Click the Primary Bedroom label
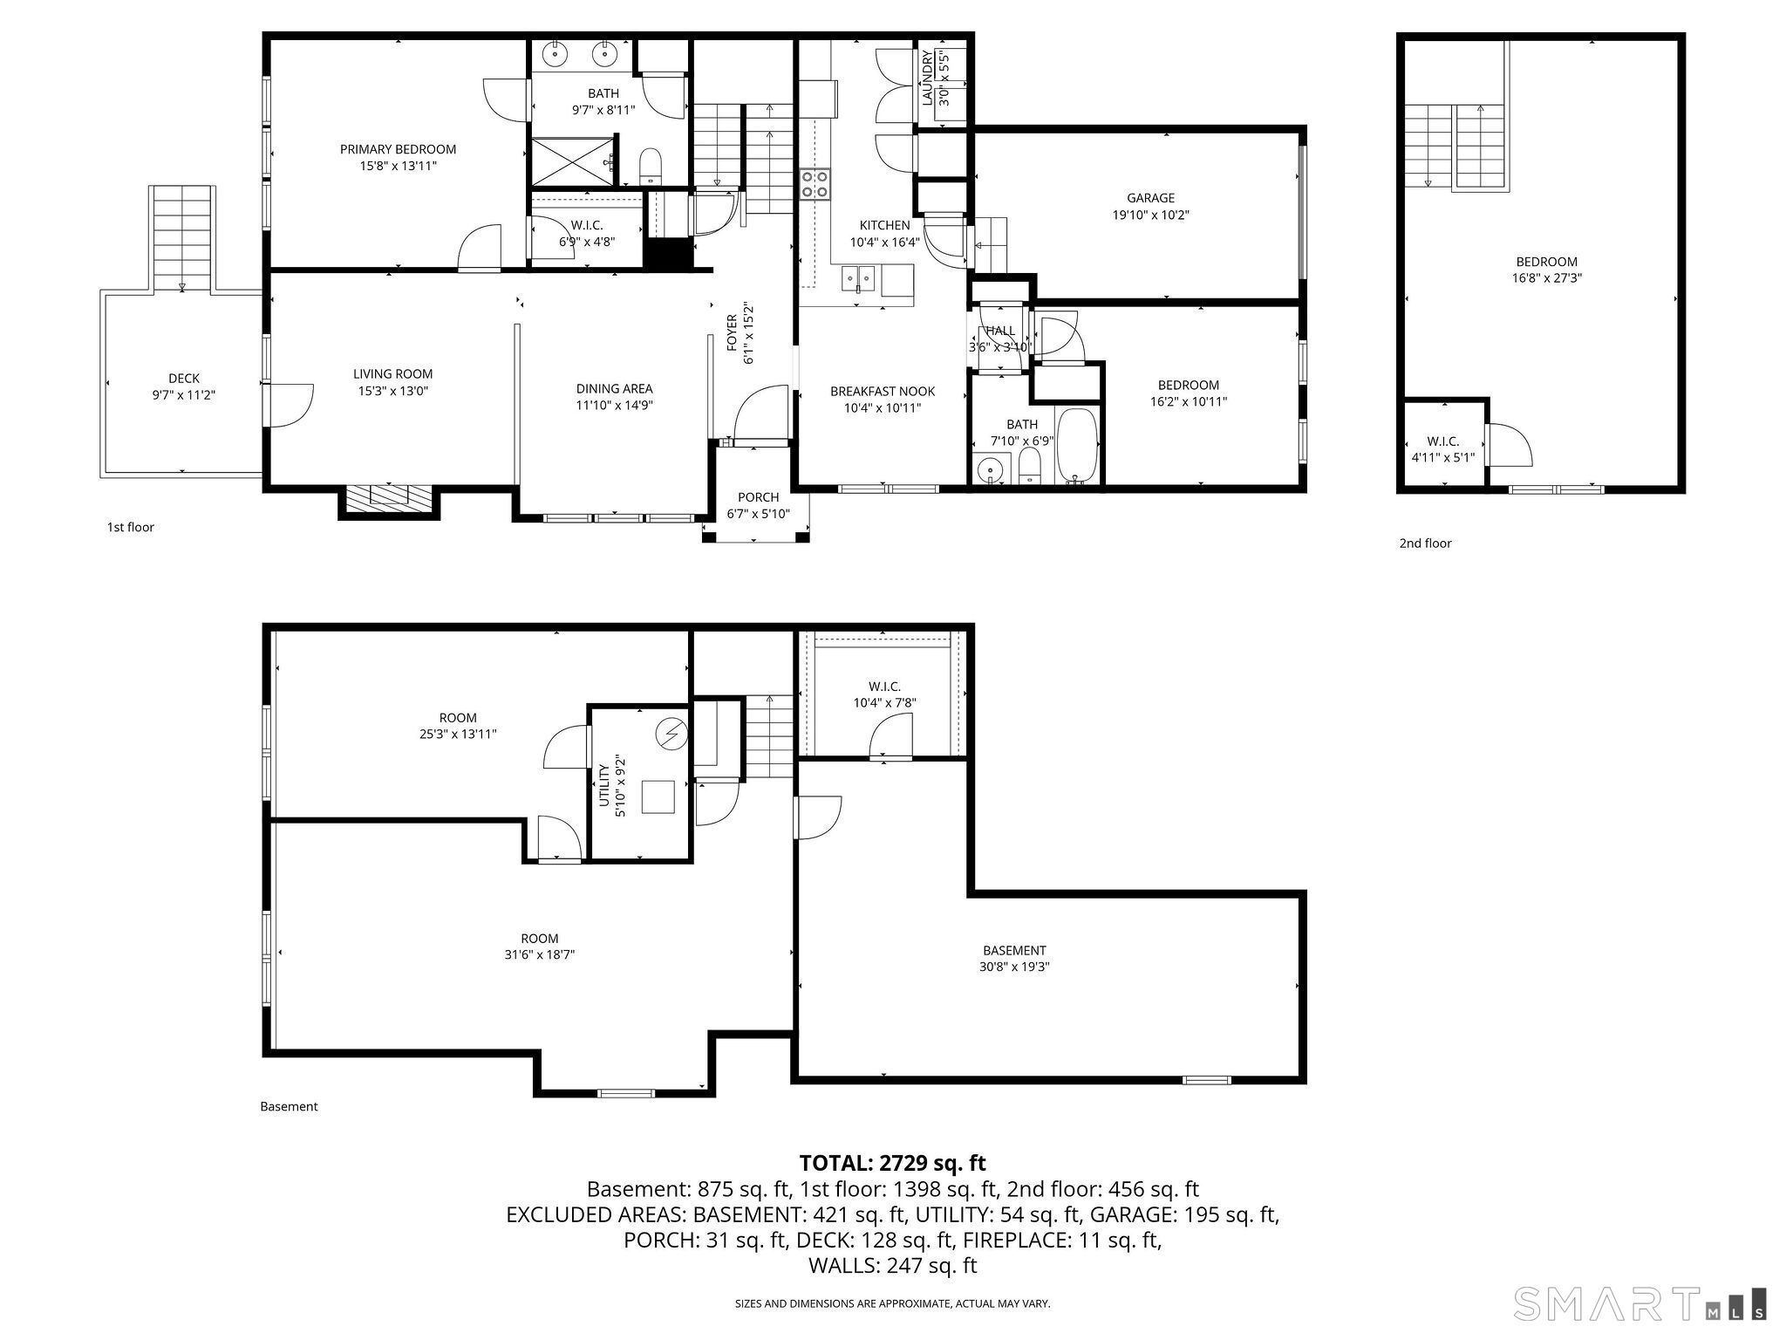coord(398,149)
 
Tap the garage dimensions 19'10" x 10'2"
coord(1150,215)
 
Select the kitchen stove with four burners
coord(815,184)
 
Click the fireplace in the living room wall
coord(389,498)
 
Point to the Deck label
coord(183,378)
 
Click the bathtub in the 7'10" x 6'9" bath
coord(1078,446)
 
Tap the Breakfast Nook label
coord(882,392)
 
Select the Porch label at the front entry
coord(758,497)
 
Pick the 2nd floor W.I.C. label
coord(1442,441)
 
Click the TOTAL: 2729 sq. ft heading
coord(892,1163)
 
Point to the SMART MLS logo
coord(1639,1302)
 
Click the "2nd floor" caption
coord(1425,543)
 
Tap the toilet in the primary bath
coord(651,166)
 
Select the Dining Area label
coord(614,389)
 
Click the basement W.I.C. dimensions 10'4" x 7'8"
coord(884,702)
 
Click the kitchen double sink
coord(859,279)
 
